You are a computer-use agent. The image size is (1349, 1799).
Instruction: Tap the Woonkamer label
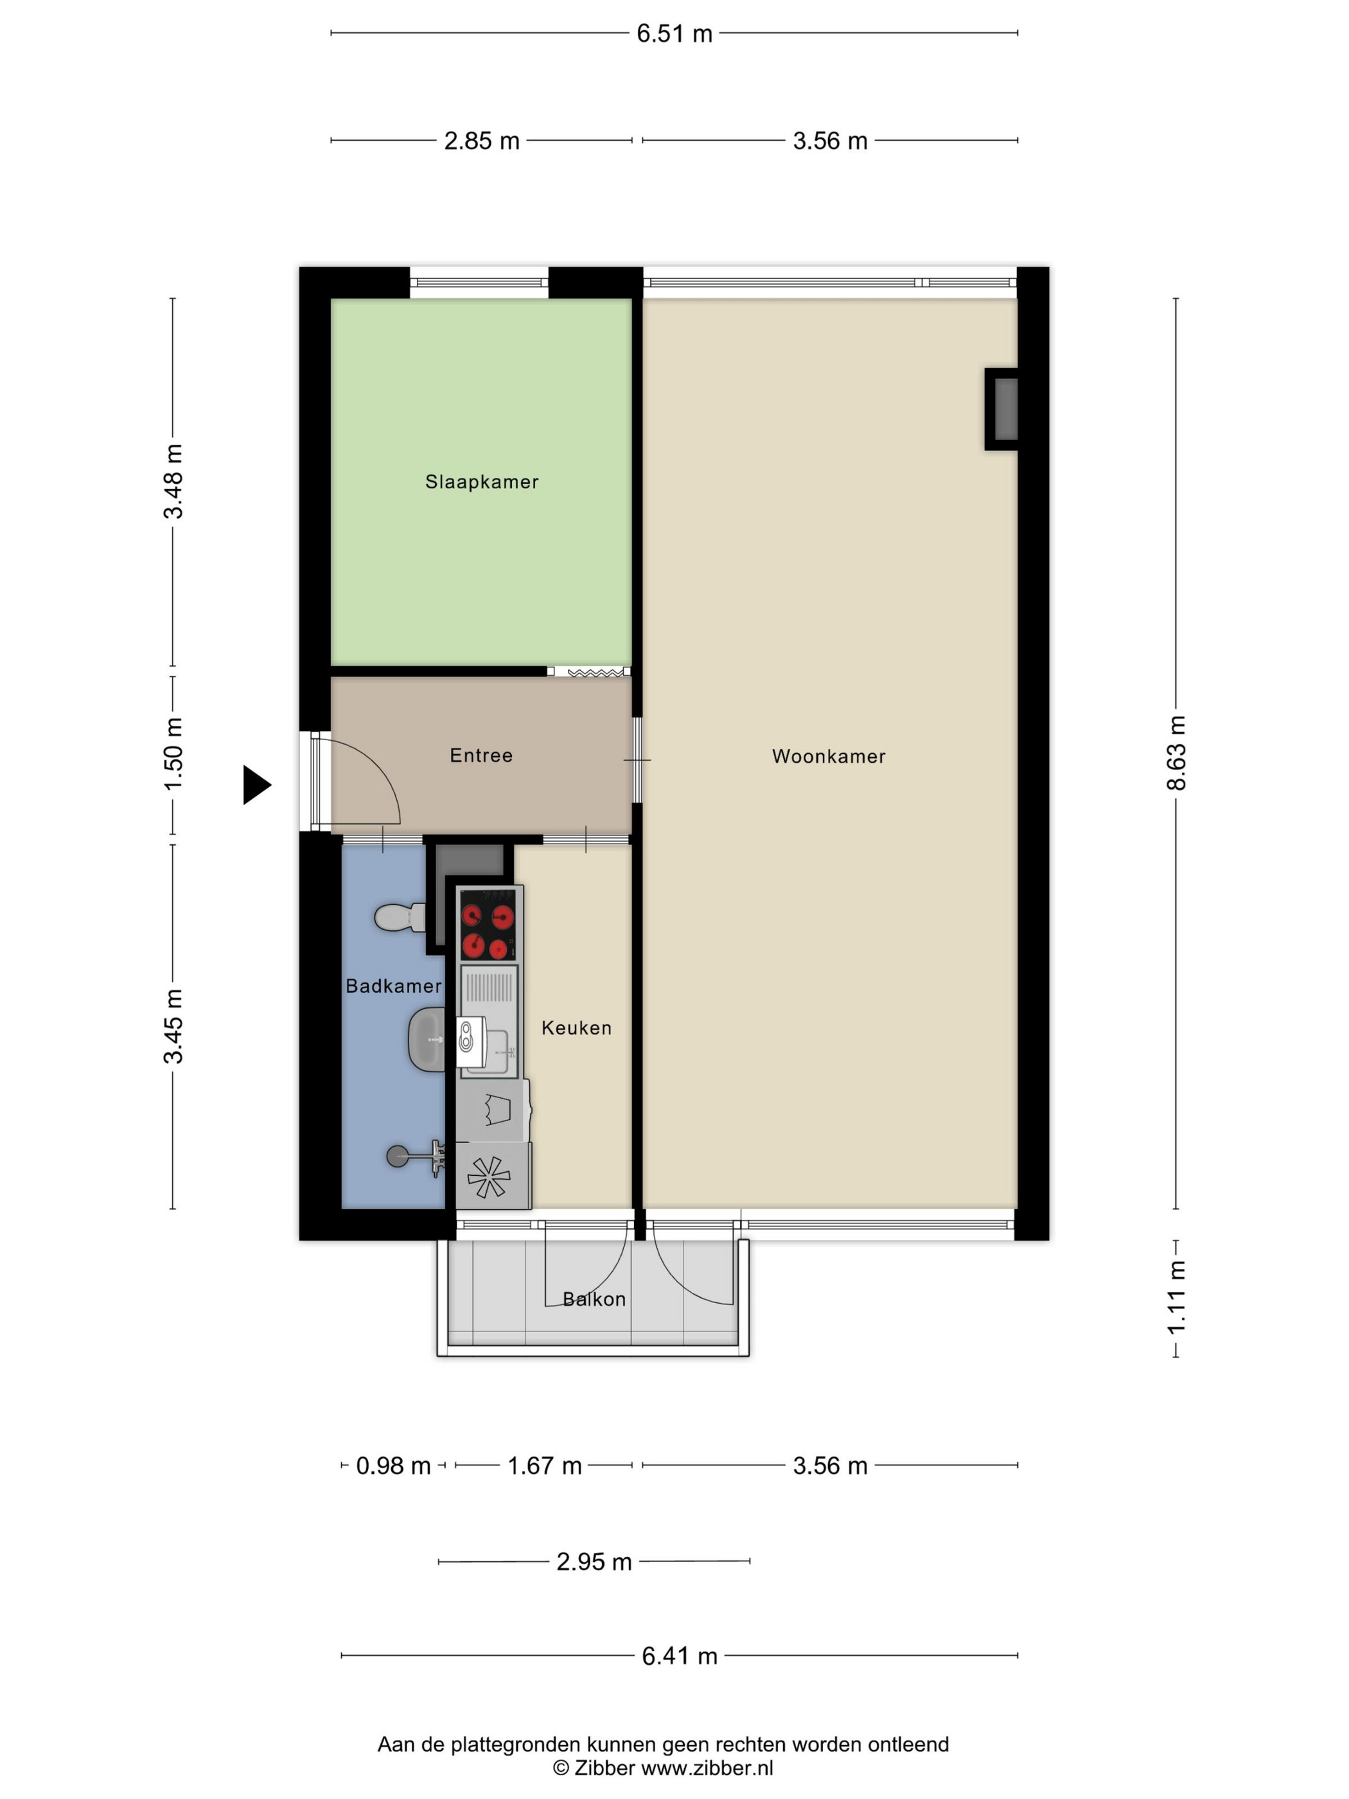[x=829, y=756]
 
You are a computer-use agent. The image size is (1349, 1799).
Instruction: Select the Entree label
[x=481, y=756]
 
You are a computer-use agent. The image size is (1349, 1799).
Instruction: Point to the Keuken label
[x=576, y=1028]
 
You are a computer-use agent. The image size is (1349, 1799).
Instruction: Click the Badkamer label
[x=394, y=986]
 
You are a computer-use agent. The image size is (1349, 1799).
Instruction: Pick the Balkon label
[x=594, y=1299]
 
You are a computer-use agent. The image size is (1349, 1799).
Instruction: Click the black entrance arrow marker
[x=257, y=785]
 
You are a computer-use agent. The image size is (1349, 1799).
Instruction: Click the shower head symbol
[x=416, y=1156]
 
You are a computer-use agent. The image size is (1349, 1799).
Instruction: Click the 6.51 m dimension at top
[x=674, y=33]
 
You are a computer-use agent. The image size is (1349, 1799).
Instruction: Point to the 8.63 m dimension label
[x=1176, y=753]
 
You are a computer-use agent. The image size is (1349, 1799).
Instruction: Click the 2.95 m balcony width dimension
[x=594, y=1561]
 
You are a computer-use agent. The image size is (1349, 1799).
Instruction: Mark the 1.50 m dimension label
[x=173, y=754]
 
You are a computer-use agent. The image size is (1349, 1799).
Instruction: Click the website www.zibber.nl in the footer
[x=707, y=1769]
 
